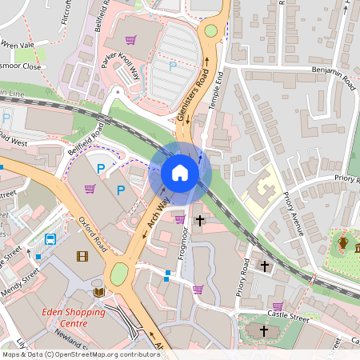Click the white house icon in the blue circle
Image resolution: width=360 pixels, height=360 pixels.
[x=180, y=173]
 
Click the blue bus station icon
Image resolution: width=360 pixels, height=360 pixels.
[x=50, y=238]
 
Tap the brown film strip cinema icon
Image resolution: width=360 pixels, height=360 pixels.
[x=82, y=256]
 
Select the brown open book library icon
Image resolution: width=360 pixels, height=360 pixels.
[x=98, y=292]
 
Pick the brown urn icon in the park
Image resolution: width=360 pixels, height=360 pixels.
[x=342, y=242]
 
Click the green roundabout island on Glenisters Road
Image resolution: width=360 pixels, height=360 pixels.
[x=210, y=31]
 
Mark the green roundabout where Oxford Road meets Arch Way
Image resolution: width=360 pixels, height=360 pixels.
[x=118, y=274]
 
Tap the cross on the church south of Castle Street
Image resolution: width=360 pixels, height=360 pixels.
[x=264, y=330]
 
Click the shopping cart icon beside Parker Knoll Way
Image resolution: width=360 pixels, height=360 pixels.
[x=130, y=39]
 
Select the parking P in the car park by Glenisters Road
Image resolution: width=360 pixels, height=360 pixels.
[x=173, y=66]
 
